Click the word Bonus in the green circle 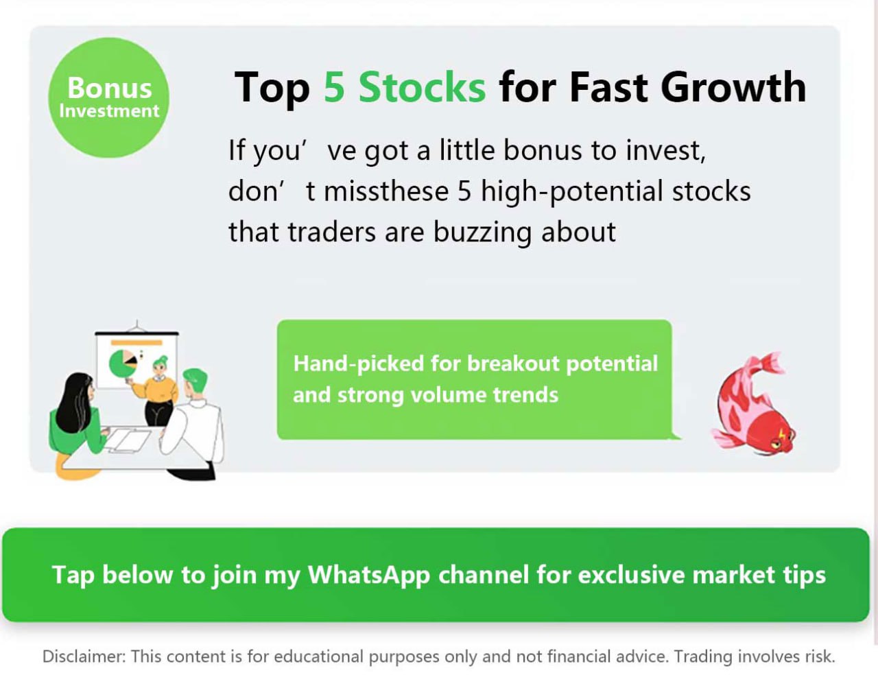pos(109,88)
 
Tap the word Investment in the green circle pos(109,111)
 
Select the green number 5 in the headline pos(334,87)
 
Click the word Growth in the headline pos(733,87)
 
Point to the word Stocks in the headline pos(423,87)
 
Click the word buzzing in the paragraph pos(482,233)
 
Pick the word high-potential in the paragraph pos(572,191)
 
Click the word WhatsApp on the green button pos(369,575)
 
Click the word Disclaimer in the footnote pos(84,656)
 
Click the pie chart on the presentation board pos(122,364)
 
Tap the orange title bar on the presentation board pos(137,342)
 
